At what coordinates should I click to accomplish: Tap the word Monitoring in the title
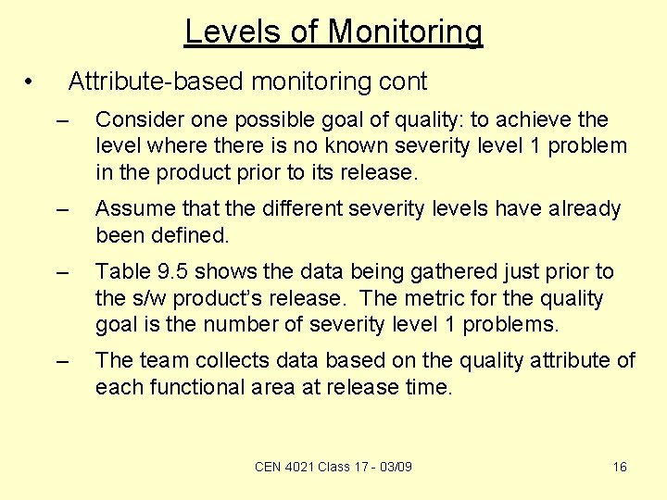(x=405, y=32)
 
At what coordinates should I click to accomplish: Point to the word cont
(x=403, y=81)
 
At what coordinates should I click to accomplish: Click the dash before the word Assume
(x=62, y=210)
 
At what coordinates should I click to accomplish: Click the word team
(x=165, y=360)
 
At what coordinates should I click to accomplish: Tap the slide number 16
(x=620, y=467)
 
